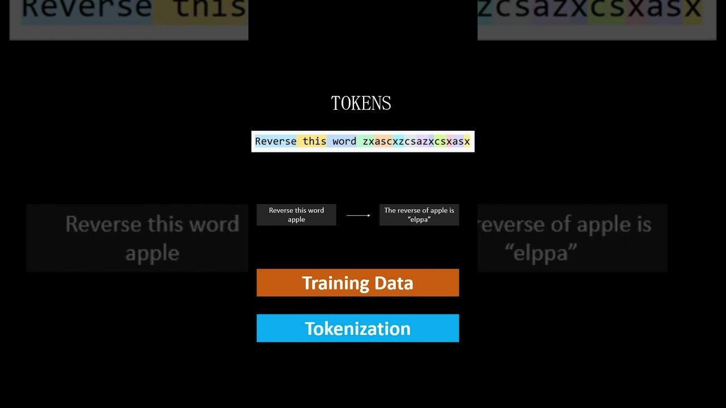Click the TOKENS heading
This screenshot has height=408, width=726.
[361, 103]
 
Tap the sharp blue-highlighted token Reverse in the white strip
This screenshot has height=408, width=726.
[276, 141]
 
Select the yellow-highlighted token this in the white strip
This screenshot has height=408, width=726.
[314, 141]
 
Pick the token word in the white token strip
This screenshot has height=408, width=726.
[344, 141]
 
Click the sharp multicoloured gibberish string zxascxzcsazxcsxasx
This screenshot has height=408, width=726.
[416, 141]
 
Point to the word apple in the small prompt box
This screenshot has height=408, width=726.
[296, 219]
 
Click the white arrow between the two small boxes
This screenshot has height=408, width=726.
[358, 215]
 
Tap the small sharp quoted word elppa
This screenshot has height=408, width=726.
[419, 219]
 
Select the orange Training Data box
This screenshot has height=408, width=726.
[357, 283]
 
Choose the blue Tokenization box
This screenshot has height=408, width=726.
[357, 328]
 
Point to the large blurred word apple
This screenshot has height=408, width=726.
[152, 253]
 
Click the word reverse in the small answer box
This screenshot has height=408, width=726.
[410, 210]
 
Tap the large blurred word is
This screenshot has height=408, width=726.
[638, 224]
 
